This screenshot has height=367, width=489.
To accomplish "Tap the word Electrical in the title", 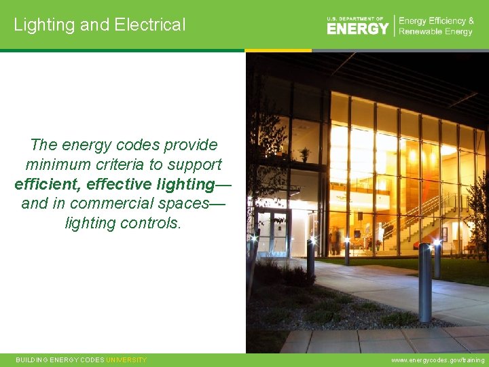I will click(x=149, y=25).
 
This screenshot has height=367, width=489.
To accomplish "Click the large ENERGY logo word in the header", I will click(x=358, y=28).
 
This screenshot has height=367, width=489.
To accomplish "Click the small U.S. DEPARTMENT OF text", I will click(x=355, y=18).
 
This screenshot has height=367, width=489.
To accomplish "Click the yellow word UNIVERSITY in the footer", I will click(x=126, y=360).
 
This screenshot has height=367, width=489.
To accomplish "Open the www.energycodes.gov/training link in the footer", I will click(x=438, y=360).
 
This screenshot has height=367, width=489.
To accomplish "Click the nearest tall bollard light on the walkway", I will click(x=425, y=282).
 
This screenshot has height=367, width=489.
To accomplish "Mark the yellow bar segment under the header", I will click(x=278, y=50).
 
